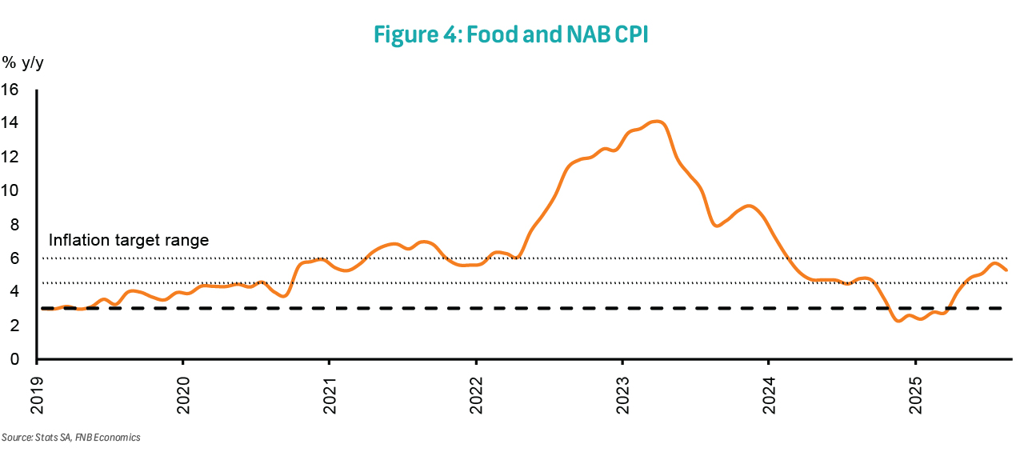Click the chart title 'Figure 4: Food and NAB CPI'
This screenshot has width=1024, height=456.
pyautogui.click(x=511, y=34)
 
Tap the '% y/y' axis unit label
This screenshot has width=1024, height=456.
pyautogui.click(x=23, y=62)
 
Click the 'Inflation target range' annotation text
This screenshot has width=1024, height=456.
pyautogui.click(x=128, y=240)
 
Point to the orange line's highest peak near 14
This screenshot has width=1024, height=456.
pyautogui.click(x=658, y=122)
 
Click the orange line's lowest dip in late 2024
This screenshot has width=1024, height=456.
pyautogui.click(x=898, y=320)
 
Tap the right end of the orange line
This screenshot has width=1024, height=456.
pyautogui.click(x=1006, y=270)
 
